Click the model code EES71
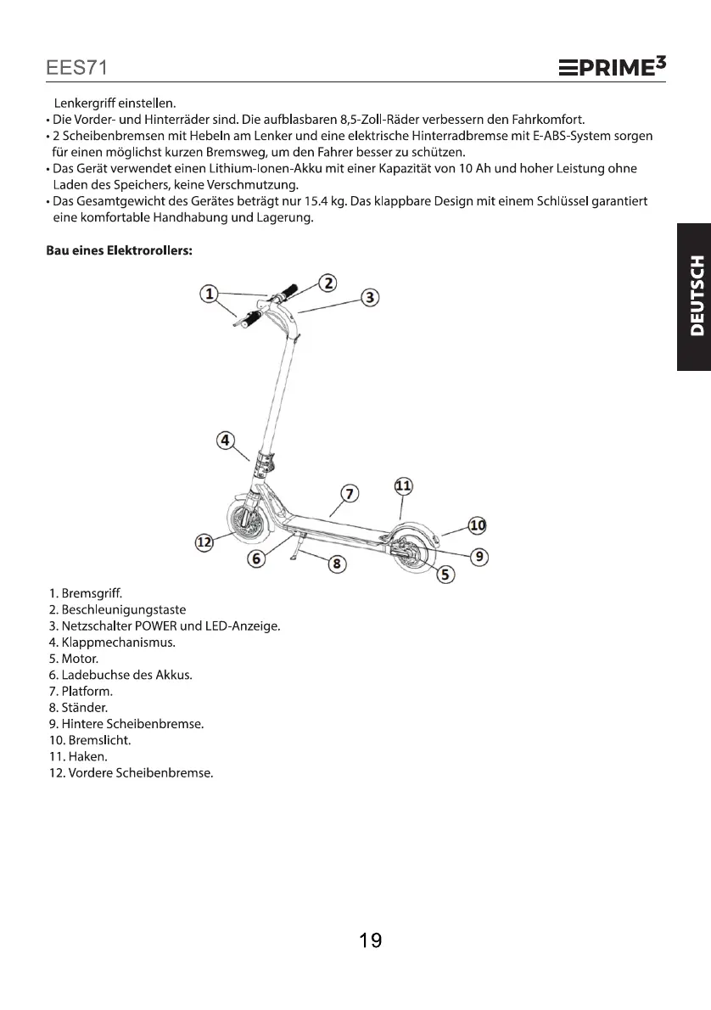76,67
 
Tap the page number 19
370,940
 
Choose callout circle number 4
225,440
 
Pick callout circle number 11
404,486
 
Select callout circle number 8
336,563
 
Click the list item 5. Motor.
74,659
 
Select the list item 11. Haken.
79,755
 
